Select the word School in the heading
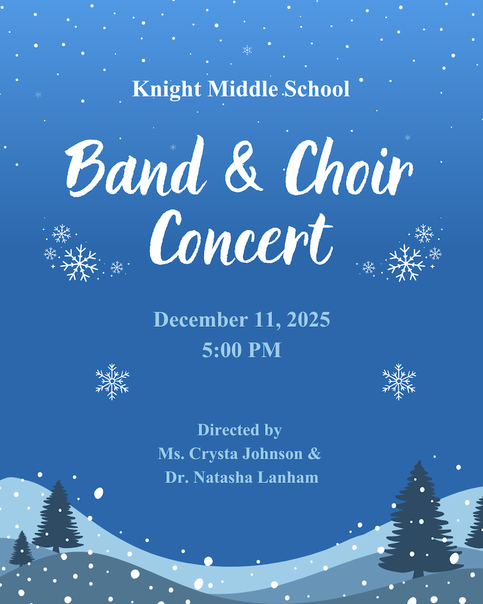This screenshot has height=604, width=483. [317, 89]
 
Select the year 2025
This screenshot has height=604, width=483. [308, 319]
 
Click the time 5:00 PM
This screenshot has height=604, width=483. [242, 350]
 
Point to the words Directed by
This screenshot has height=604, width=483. [240, 430]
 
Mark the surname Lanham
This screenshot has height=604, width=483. [290, 477]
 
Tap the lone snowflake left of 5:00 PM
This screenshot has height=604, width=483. [112, 382]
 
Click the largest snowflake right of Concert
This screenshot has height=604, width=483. [406, 262]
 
